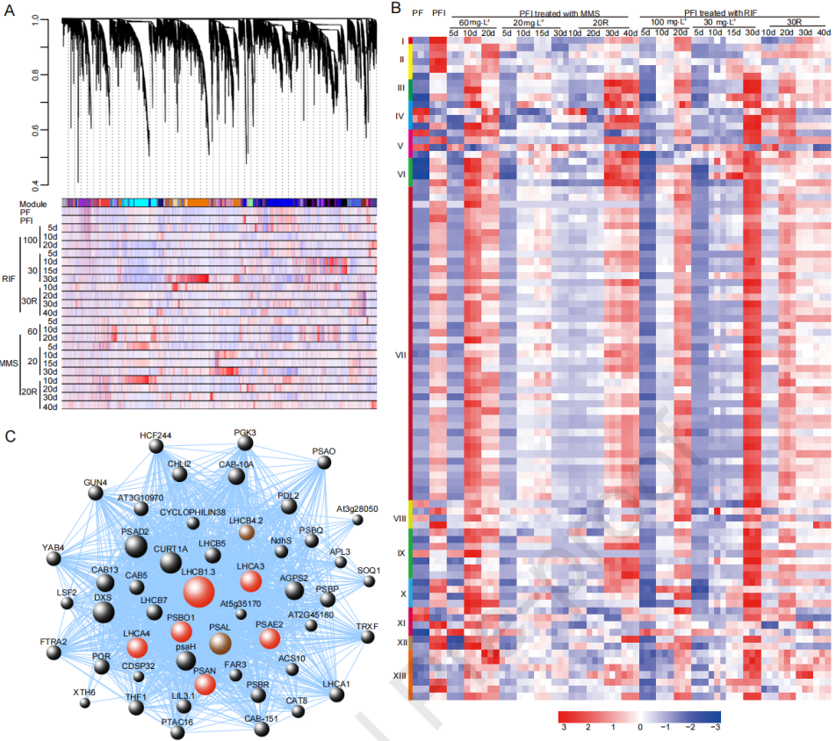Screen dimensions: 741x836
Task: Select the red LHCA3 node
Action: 250,581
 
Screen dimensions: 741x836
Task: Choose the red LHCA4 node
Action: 136,648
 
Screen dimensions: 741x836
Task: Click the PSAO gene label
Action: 323,451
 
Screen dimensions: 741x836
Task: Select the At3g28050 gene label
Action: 357,508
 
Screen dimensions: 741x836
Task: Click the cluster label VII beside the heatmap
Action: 400,356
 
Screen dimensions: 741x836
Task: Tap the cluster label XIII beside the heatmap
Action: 399,676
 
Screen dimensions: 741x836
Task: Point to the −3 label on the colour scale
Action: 716,728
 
